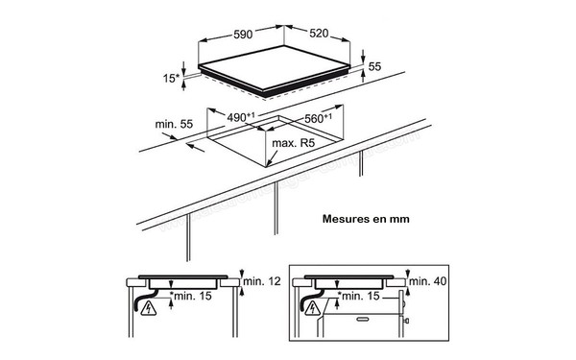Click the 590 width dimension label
click(x=243, y=35)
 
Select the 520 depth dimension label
click(x=319, y=34)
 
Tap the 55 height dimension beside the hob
click(x=374, y=66)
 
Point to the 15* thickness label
click(x=171, y=78)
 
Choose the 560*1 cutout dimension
click(x=318, y=118)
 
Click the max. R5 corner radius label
click(x=294, y=143)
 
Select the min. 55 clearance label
click(x=174, y=124)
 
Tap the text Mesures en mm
click(x=366, y=219)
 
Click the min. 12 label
click(x=262, y=281)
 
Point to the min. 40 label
click(x=428, y=281)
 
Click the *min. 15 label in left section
click(x=191, y=296)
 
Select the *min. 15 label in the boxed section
click(x=358, y=296)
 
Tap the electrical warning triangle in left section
click(x=149, y=308)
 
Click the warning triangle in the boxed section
click(x=313, y=308)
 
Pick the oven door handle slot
click(x=363, y=320)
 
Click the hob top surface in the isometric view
click(x=274, y=67)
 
